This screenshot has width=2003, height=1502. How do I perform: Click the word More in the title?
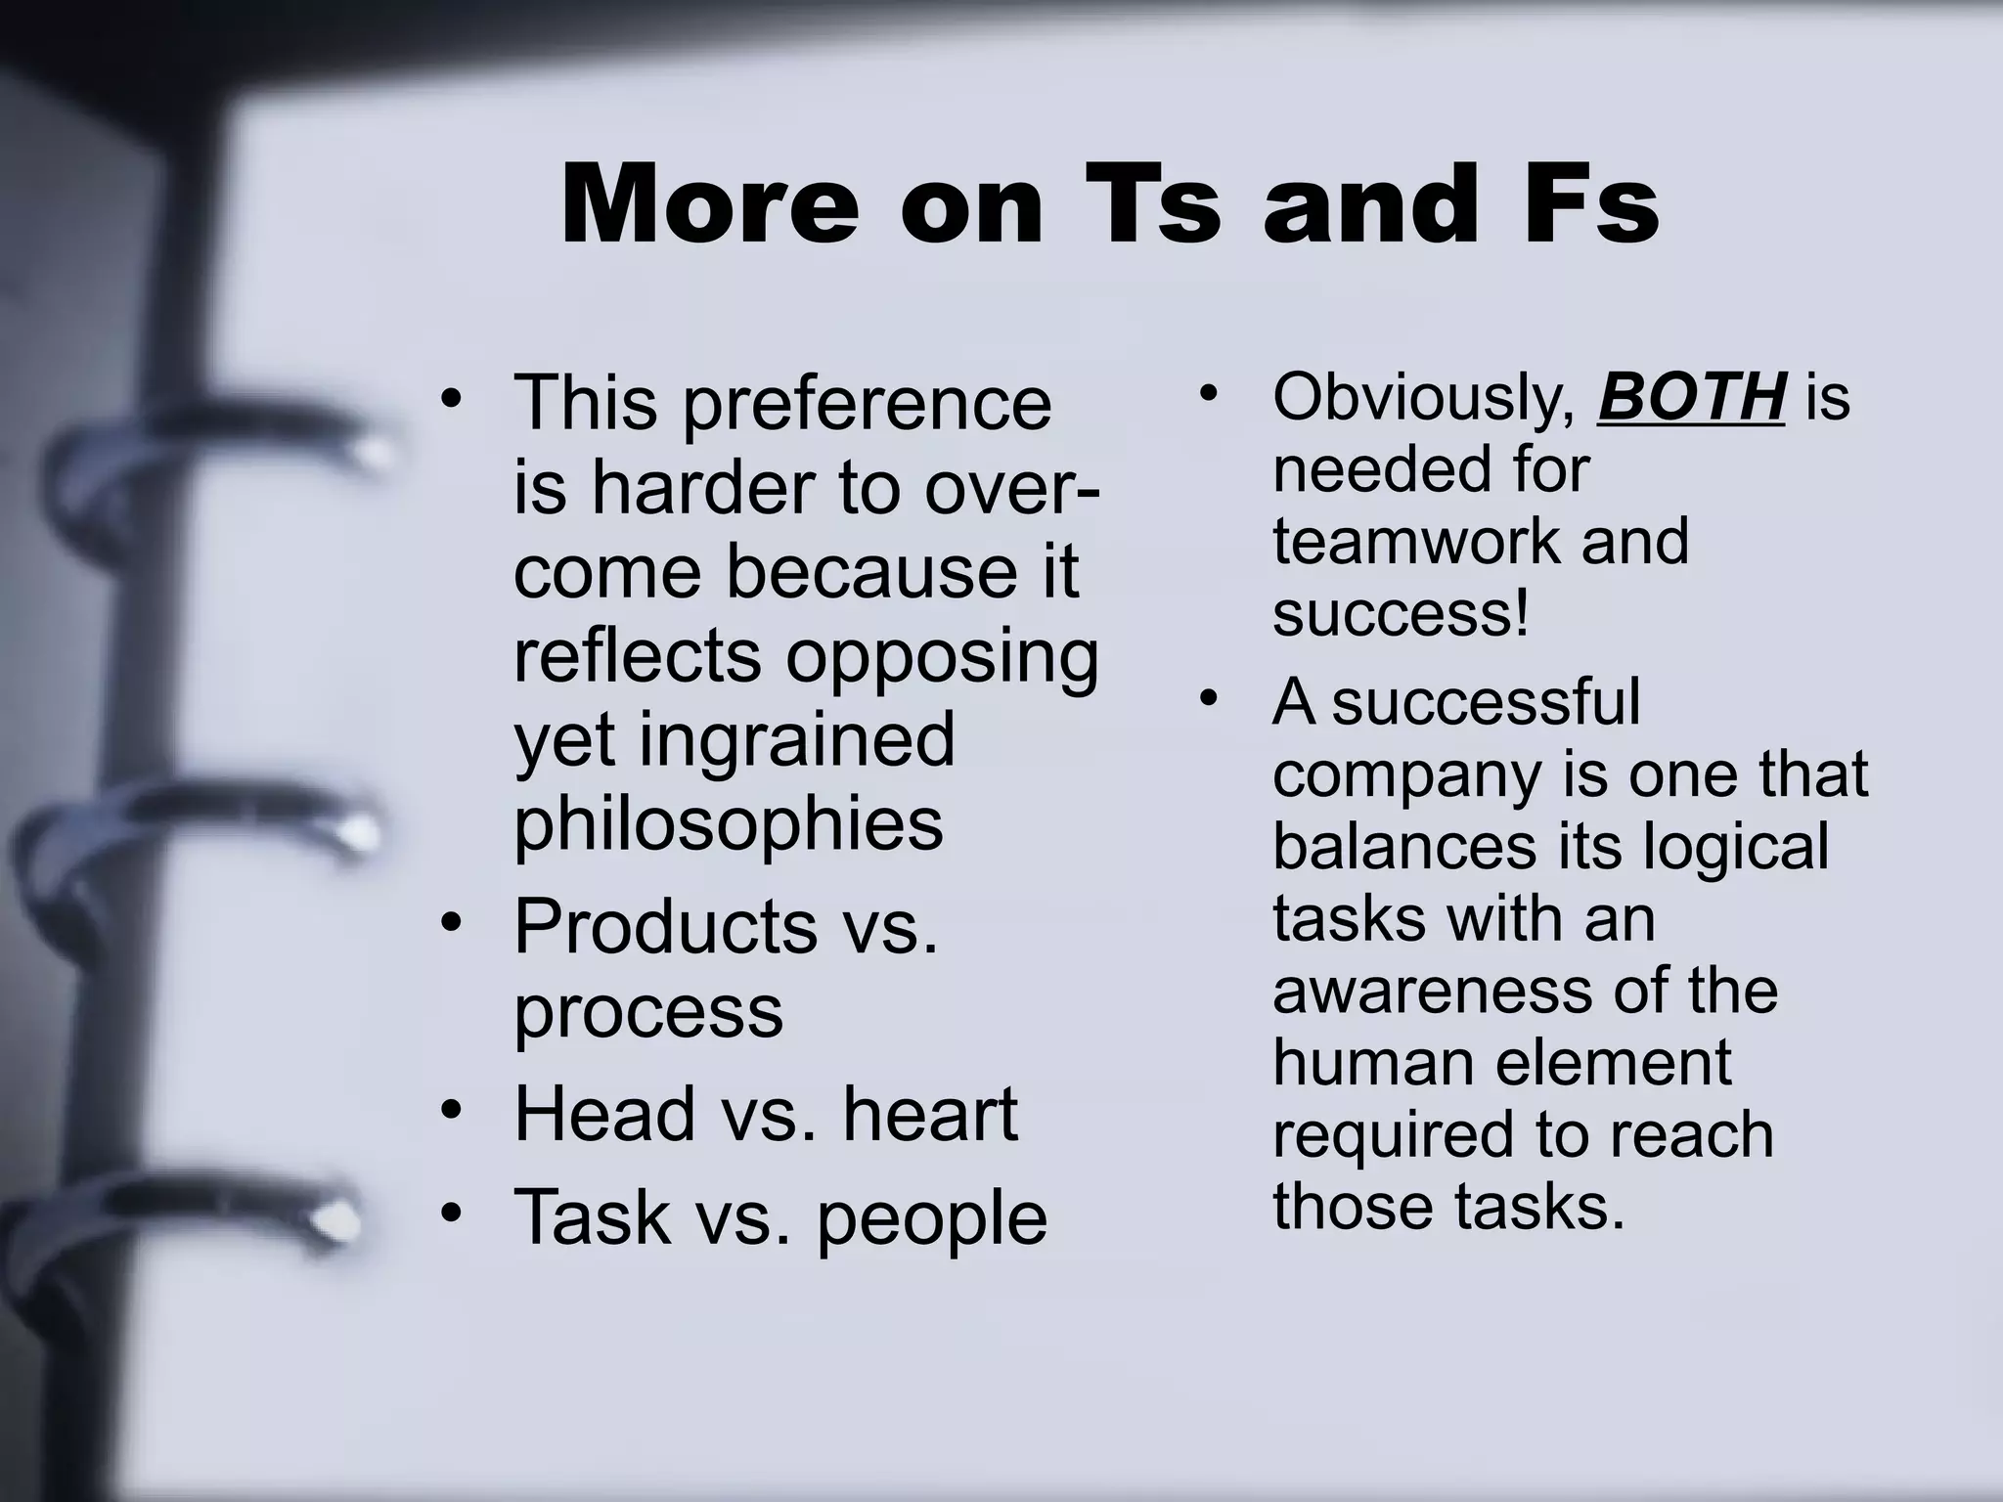click(x=710, y=205)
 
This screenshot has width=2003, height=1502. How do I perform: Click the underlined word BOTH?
click(x=1690, y=397)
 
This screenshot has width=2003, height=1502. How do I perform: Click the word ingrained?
click(x=797, y=739)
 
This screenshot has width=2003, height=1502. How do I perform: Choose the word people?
click(x=932, y=1217)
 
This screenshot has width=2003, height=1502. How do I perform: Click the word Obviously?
click(x=1423, y=399)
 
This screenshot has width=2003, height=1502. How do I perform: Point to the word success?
click(x=1401, y=614)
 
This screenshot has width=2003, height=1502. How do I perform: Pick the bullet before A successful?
click(x=1210, y=700)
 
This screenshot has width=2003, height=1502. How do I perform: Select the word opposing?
click(x=942, y=657)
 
